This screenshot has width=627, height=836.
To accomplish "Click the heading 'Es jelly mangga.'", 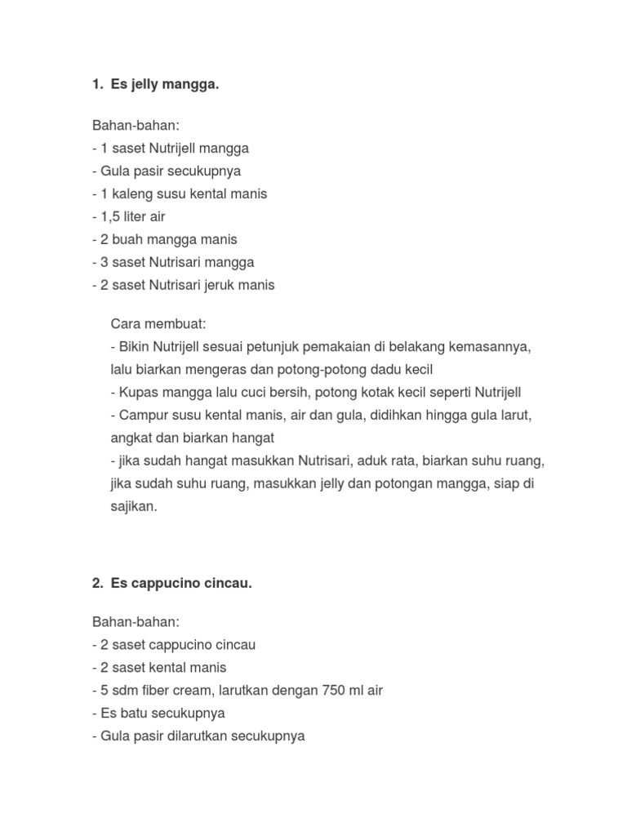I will pos(165,84).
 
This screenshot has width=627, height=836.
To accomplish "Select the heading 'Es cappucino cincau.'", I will pos(181,584).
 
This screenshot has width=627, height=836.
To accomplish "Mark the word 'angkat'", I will pos(129,438).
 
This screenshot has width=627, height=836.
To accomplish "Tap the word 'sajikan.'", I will pos(133,506).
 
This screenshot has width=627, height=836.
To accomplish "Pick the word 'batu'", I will pos(134,713).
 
